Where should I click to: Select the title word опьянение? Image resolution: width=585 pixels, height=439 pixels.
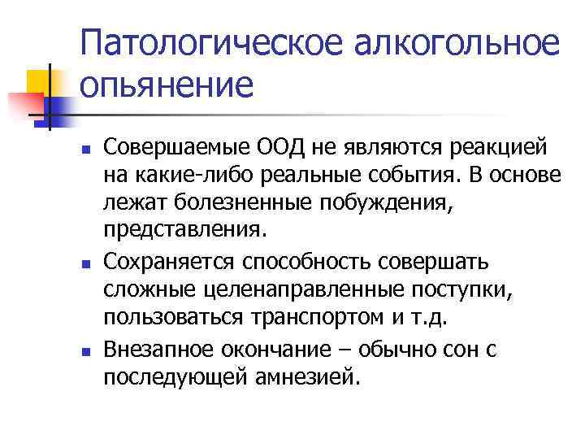(167, 86)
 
